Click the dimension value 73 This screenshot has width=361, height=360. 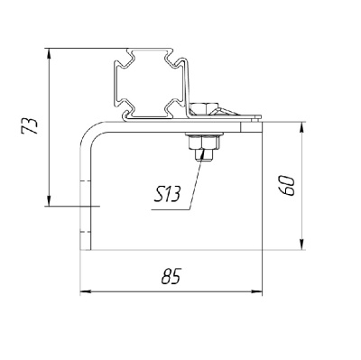click(30, 126)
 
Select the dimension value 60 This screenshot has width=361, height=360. click(286, 186)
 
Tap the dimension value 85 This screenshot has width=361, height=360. click(171, 276)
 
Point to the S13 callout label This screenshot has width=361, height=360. click(167, 194)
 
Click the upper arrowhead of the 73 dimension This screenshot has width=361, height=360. click(49, 54)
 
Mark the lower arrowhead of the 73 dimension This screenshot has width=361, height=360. click(49, 200)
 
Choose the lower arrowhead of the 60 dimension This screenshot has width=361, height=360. click(301, 244)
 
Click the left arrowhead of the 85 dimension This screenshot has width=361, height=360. click(86, 291)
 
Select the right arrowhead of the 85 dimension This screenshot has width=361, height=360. click(256, 291)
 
